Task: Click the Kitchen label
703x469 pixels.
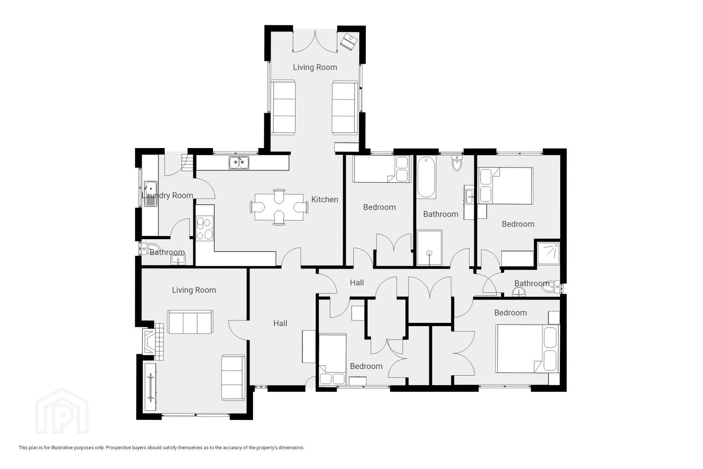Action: tap(325, 199)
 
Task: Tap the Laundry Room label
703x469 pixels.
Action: tap(167, 195)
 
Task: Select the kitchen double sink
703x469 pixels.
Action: tap(239, 162)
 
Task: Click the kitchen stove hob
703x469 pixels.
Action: tap(205, 228)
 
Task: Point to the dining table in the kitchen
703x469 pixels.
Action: tap(279, 207)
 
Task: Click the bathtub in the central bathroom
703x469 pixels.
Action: tap(426, 177)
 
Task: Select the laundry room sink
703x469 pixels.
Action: tap(151, 194)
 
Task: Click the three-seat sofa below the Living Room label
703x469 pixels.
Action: tap(190, 322)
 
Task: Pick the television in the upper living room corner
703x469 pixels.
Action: tap(349, 41)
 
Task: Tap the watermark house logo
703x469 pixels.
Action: tap(62, 411)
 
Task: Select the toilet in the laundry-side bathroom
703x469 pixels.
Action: tap(150, 248)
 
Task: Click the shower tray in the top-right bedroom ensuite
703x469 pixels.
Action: tap(548, 253)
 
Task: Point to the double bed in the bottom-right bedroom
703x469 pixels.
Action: tap(527, 349)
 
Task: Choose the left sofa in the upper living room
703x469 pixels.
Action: tap(283, 107)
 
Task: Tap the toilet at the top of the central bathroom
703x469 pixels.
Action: tap(457, 162)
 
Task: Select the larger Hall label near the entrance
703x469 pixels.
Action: tap(280, 323)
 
